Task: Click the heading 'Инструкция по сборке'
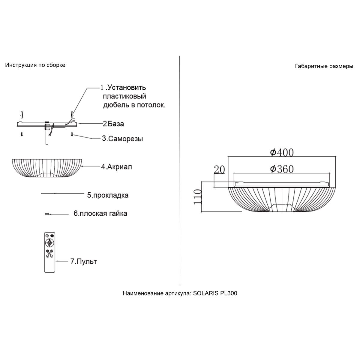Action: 35,65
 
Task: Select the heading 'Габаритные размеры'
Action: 324,66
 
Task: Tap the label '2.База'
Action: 113,124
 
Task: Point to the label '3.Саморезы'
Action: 122,139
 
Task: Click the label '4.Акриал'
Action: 116,166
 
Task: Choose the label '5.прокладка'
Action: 108,195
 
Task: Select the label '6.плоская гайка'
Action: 100,213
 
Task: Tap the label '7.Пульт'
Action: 83,261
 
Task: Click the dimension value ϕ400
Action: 282,152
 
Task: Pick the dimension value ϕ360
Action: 282,169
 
